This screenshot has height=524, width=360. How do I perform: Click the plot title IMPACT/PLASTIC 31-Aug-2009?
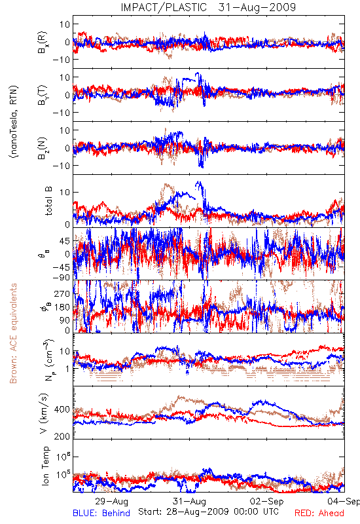(x=208, y=7)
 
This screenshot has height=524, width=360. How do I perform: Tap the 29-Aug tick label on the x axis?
(x=111, y=501)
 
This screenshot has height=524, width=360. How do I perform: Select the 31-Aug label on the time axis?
(x=189, y=501)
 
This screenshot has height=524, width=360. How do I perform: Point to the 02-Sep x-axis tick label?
(x=267, y=501)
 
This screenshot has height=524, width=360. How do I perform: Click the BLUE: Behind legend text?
(x=101, y=513)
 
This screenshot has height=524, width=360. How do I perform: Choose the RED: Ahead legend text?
(x=319, y=513)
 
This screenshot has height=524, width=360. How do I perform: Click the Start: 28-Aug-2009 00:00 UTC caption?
(x=208, y=512)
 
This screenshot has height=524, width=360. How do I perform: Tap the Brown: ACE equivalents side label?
(x=13, y=333)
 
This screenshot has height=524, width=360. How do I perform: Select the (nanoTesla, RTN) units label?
(x=14, y=121)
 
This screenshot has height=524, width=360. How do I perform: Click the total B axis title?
(x=48, y=200)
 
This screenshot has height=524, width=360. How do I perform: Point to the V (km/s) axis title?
(x=44, y=413)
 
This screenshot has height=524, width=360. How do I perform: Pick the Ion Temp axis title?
(x=45, y=466)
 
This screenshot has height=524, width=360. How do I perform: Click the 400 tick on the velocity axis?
(x=62, y=409)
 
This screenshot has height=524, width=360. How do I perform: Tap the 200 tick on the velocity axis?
(x=62, y=436)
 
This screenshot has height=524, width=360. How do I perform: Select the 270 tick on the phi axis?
(x=62, y=293)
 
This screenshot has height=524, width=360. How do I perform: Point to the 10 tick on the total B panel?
(x=65, y=192)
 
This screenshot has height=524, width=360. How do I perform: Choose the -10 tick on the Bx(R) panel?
(x=61, y=60)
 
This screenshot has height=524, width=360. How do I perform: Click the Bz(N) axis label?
(x=43, y=147)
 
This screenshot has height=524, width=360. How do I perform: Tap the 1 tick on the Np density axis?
(x=67, y=369)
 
